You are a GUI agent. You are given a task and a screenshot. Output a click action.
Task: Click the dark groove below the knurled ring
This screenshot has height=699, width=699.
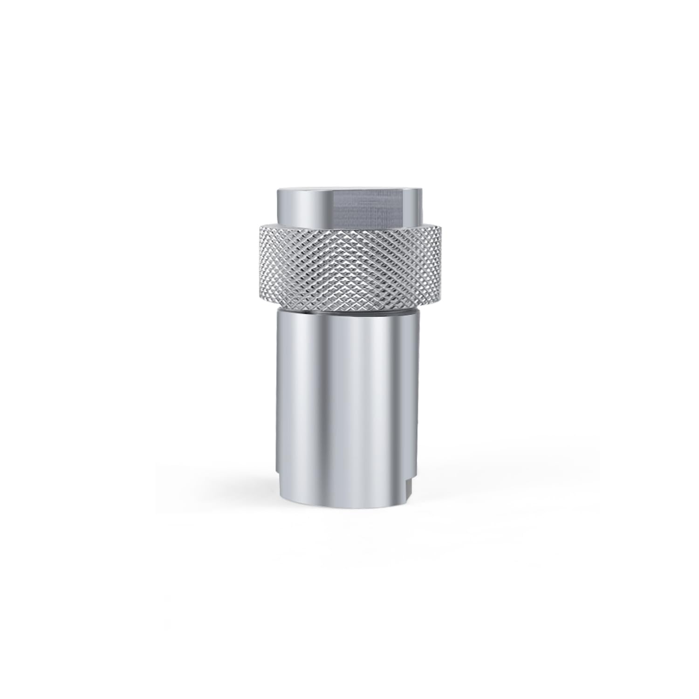(349, 308)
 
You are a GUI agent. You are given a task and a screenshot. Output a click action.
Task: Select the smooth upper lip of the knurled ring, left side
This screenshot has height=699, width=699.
(280, 226)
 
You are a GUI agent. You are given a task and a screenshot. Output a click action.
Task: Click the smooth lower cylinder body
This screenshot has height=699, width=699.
(349, 405)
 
